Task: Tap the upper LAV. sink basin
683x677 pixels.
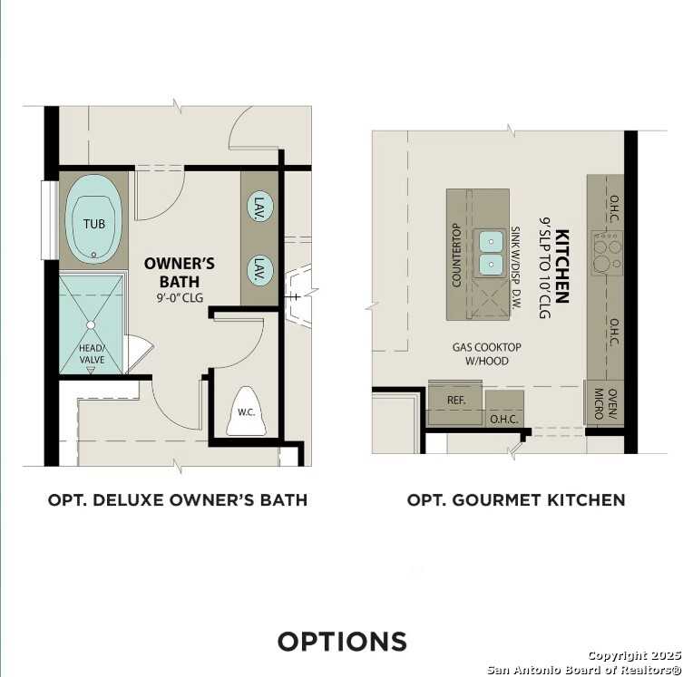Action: click(x=260, y=206)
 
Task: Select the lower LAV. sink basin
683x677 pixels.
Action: click(x=260, y=269)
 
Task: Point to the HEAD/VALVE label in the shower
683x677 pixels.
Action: click(x=92, y=354)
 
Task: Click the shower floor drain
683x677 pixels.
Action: click(x=91, y=324)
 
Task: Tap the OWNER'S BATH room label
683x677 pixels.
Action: click(x=180, y=272)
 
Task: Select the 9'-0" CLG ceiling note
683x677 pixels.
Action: click(x=180, y=295)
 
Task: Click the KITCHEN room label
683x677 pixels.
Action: click(x=562, y=265)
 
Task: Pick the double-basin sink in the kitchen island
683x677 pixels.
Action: click(x=491, y=253)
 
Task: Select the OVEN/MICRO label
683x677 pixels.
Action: click(x=599, y=404)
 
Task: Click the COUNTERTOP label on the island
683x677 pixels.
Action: click(x=457, y=256)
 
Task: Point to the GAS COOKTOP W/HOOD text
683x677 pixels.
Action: click(x=487, y=354)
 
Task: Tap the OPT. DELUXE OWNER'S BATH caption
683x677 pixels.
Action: click(x=178, y=500)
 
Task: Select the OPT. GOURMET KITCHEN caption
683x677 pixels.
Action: click(x=516, y=500)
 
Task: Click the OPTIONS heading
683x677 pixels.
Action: click(x=342, y=642)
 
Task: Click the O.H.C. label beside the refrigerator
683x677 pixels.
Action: click(x=503, y=420)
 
